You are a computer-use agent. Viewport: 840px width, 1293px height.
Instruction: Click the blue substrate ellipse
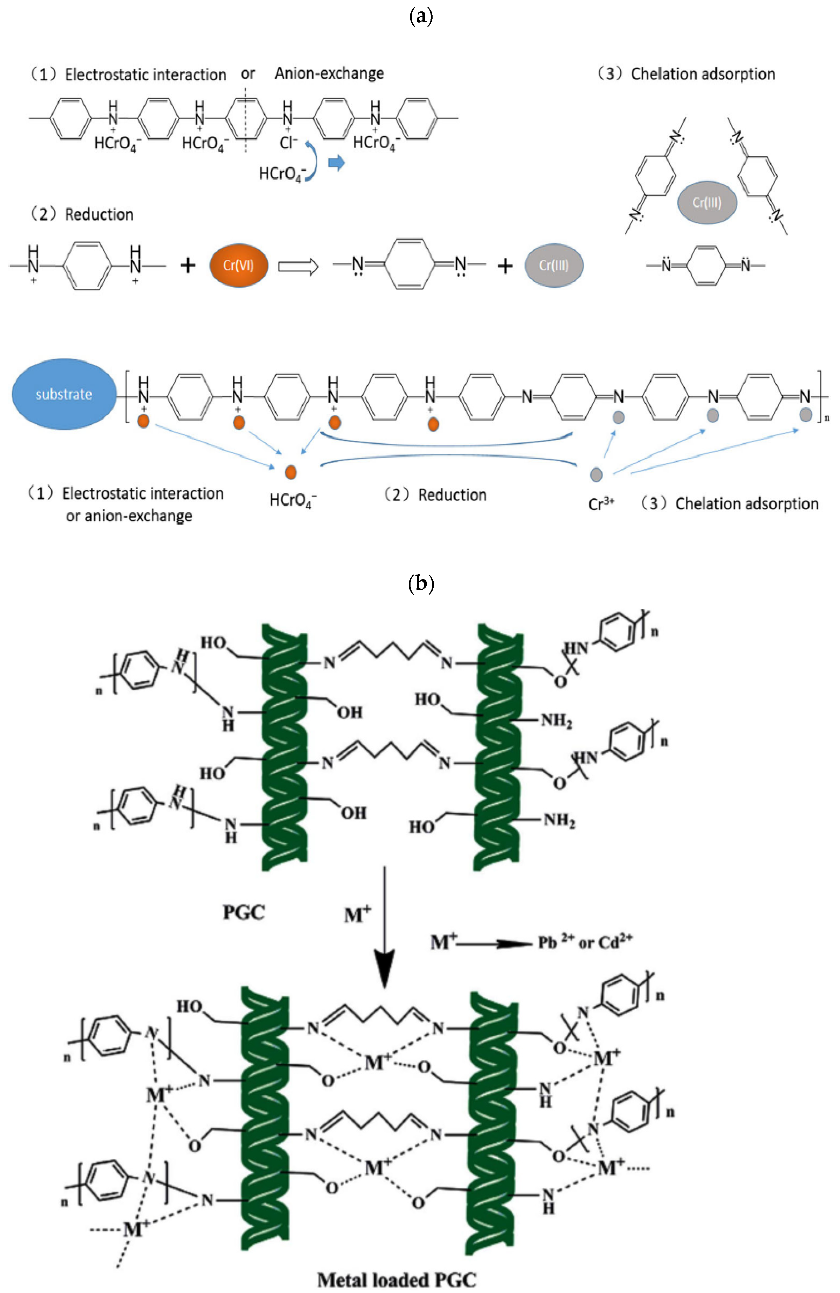coord(64,394)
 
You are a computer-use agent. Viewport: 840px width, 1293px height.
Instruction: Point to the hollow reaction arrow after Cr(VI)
coord(298,266)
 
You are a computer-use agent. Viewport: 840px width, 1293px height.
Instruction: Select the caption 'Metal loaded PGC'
coord(397,1280)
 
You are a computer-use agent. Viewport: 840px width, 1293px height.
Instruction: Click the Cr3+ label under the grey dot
coord(601,504)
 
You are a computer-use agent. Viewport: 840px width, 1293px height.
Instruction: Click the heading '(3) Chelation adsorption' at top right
coord(686,74)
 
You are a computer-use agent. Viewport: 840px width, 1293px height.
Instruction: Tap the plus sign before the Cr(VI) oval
coord(188,266)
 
